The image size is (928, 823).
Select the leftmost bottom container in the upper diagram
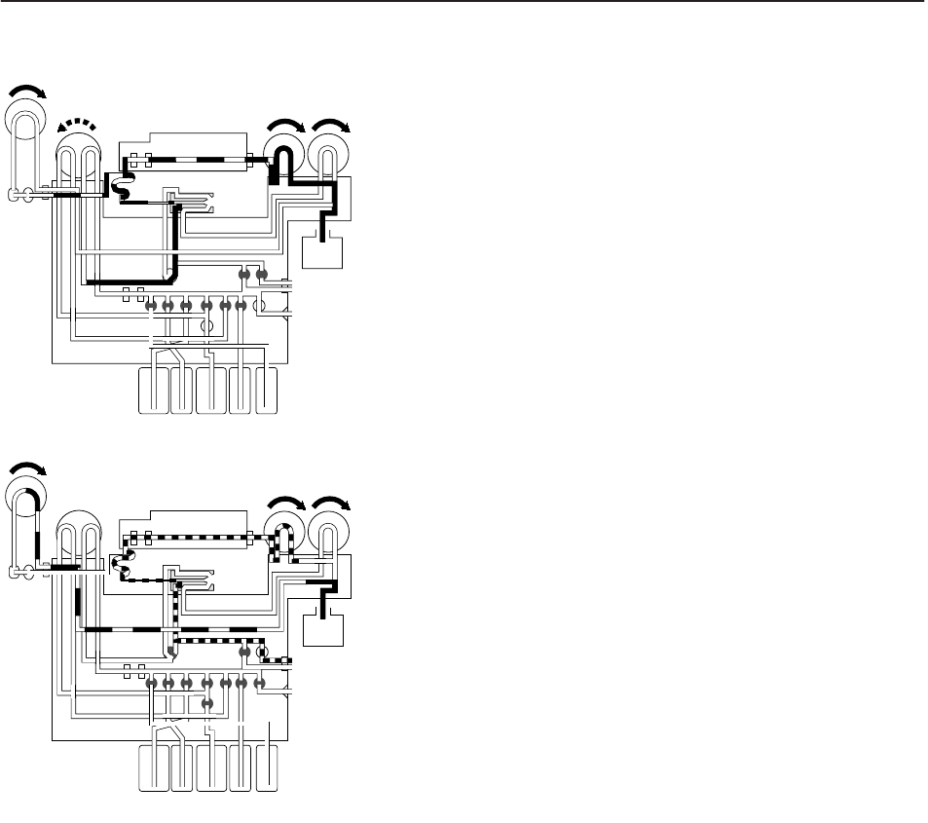154,391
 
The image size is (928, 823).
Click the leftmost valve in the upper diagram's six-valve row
151,306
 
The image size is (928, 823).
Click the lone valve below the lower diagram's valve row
206,702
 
